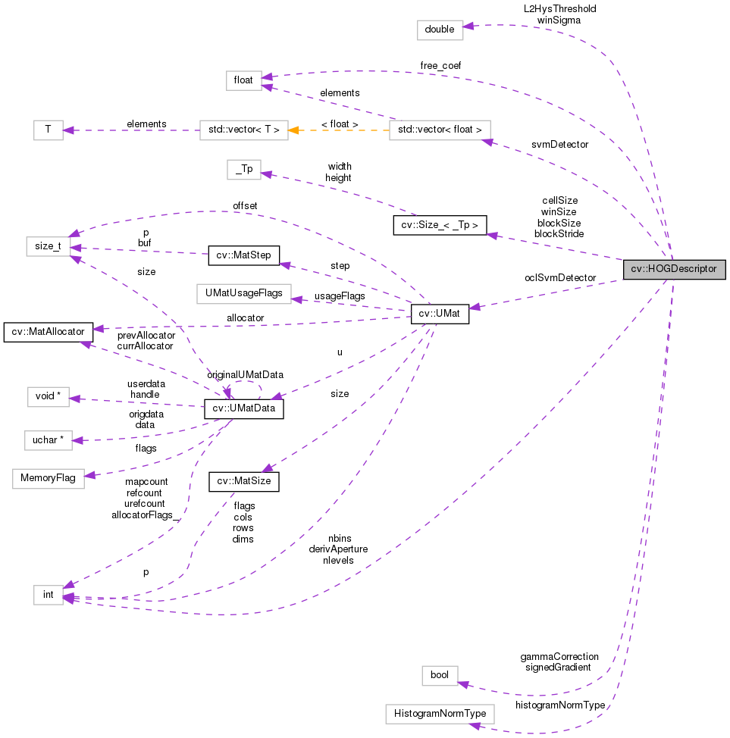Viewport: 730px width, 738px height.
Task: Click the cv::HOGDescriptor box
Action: click(674, 269)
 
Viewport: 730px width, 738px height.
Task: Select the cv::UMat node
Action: click(440, 314)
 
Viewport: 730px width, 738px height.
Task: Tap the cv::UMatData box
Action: click(243, 410)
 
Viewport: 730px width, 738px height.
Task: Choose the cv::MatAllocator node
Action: click(49, 331)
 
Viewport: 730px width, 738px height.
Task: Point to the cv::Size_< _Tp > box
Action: click(440, 225)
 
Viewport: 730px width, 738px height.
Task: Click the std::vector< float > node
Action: click(440, 130)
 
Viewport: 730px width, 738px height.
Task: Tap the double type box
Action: click(440, 30)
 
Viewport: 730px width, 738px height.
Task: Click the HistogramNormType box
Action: click(440, 714)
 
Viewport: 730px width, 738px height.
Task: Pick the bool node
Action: click(440, 674)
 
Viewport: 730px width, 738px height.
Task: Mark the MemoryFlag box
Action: click(49, 479)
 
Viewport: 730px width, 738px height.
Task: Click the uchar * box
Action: click(49, 439)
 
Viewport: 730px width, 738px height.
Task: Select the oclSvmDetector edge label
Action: click(560, 278)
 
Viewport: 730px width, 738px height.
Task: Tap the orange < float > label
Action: click(340, 124)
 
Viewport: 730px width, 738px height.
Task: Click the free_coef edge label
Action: click(440, 66)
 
